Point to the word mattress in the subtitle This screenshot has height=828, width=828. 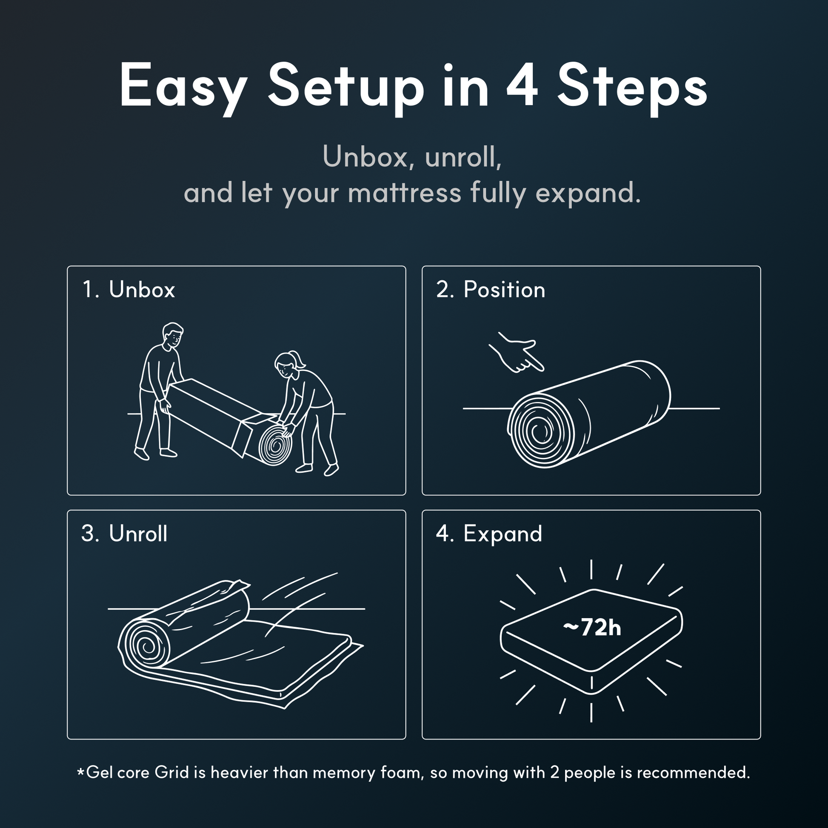click(x=405, y=193)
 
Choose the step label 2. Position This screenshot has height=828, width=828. click(x=491, y=290)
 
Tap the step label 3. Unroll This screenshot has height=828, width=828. click(x=124, y=534)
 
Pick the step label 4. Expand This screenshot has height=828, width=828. click(x=489, y=534)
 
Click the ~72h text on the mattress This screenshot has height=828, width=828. click(x=592, y=628)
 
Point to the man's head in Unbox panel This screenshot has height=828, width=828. click(x=173, y=336)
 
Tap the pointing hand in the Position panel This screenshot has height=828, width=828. click(x=517, y=352)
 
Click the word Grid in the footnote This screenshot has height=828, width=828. click(x=171, y=772)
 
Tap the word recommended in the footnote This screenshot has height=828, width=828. click(x=693, y=772)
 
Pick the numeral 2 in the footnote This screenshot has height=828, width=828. click(x=554, y=772)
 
